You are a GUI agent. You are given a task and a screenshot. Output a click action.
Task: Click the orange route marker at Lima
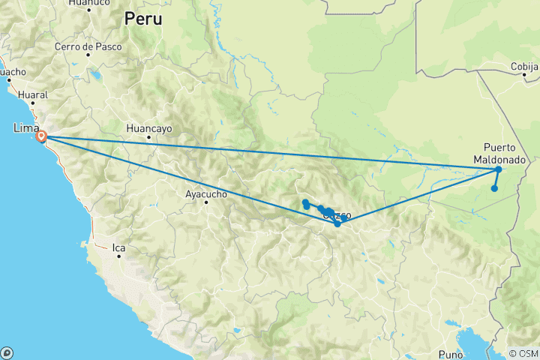[x=42, y=137]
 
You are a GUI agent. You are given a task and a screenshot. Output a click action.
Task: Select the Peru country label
[x=142, y=19]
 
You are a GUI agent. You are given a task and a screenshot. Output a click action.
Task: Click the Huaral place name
[x=34, y=95]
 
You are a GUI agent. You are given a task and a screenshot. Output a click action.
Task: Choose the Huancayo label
[x=149, y=128]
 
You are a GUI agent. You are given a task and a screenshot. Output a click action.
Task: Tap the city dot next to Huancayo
[x=148, y=137]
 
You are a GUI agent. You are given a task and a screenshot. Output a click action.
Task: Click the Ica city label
[x=118, y=246]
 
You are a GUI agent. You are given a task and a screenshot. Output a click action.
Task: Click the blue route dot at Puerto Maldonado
[x=499, y=169]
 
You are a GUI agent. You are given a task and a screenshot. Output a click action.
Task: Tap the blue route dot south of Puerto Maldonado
[x=494, y=188]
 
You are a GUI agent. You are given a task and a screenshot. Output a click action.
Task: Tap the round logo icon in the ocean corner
[x=7, y=352]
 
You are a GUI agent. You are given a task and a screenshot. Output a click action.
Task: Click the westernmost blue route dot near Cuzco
[x=305, y=202]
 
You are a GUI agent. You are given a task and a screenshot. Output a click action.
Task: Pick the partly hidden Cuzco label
[x=337, y=215]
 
